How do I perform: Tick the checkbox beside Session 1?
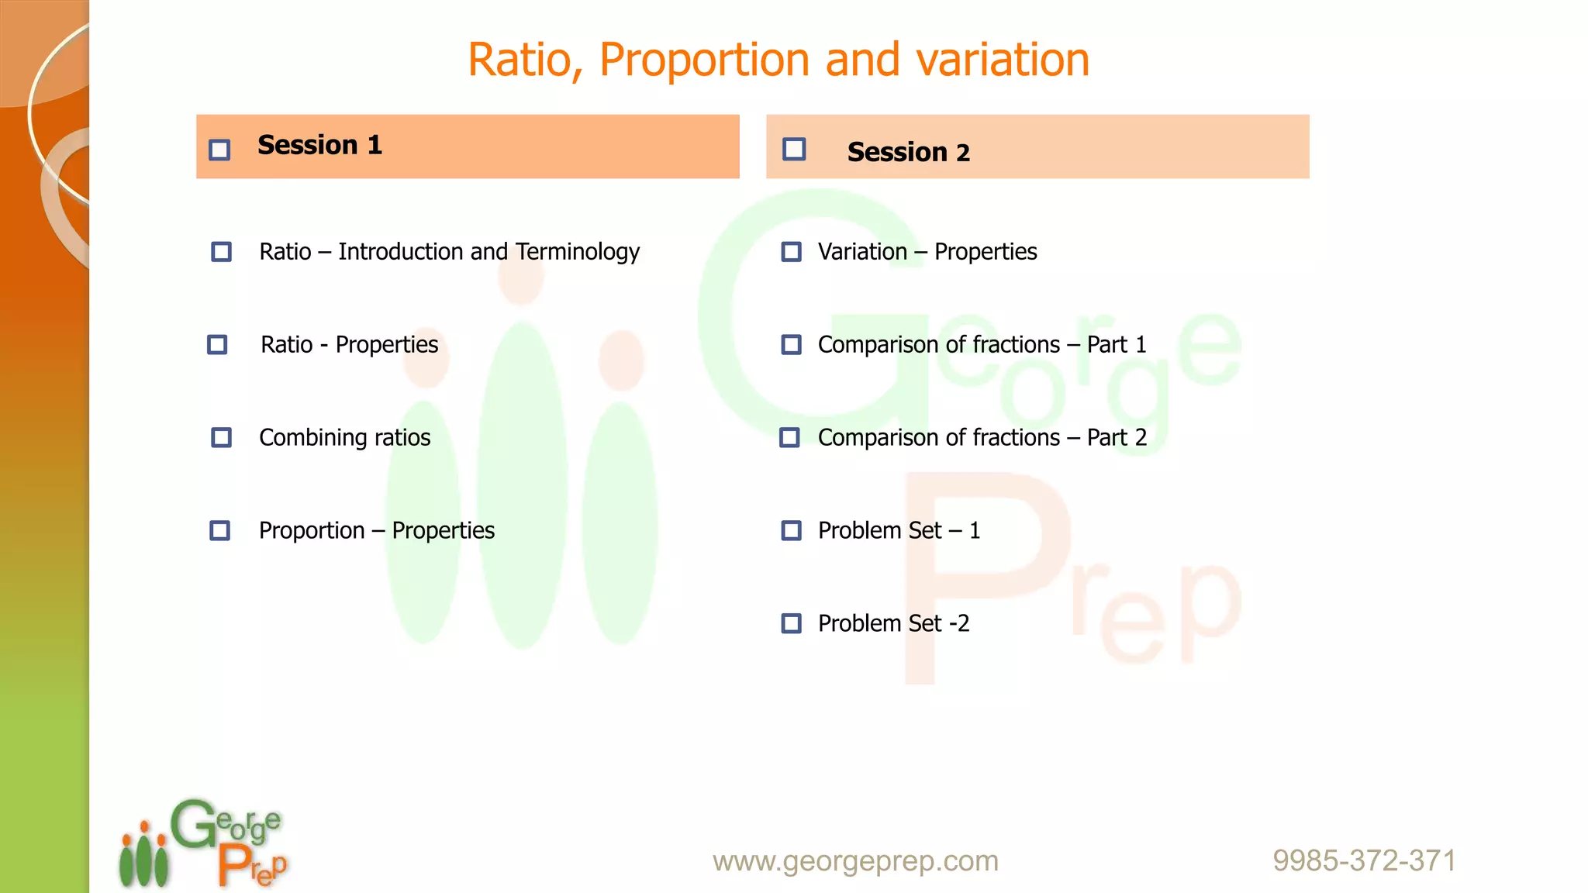click(219, 149)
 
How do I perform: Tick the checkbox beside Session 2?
click(794, 149)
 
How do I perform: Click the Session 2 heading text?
click(908, 152)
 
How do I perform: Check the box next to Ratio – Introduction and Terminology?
click(221, 251)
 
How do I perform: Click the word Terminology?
click(578, 252)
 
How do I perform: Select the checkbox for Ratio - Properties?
click(217, 344)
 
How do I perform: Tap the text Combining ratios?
click(344, 438)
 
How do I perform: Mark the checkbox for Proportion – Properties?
click(220, 530)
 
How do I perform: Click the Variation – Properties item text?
click(927, 252)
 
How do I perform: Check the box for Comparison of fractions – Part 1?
click(791, 344)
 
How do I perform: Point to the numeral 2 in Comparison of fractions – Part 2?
click(1140, 438)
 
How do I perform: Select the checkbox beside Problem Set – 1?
click(791, 530)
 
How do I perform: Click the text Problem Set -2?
click(893, 623)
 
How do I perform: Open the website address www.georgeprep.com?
click(855, 861)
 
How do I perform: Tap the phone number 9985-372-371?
click(1364, 861)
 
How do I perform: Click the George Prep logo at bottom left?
click(203, 843)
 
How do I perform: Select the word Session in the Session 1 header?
click(307, 145)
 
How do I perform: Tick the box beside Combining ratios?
click(221, 437)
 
